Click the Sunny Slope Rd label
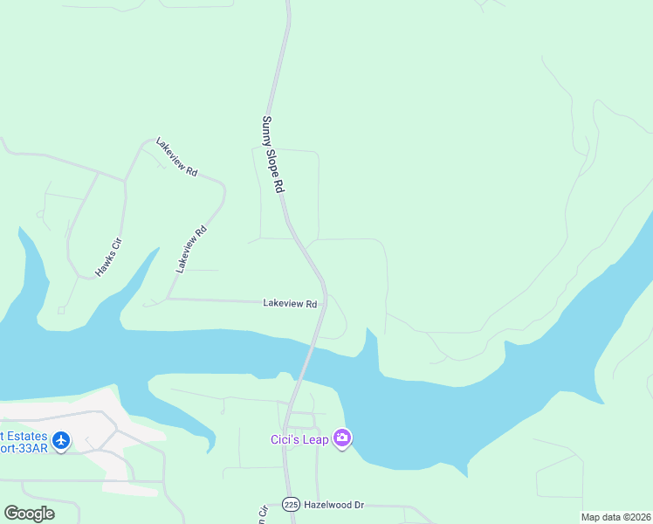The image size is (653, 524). [x=273, y=155]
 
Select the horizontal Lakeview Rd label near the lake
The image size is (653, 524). [x=289, y=303]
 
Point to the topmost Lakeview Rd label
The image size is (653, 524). [x=176, y=157]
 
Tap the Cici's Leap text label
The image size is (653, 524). [x=299, y=439]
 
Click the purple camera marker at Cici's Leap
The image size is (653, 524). [x=342, y=438]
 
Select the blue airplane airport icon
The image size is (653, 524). [x=61, y=440]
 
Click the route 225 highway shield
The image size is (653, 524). [x=291, y=505]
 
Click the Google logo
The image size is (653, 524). [x=29, y=514]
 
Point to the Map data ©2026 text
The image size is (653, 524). [x=615, y=517]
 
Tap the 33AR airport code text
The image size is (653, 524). [x=33, y=448]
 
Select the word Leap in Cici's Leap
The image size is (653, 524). [x=315, y=439]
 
